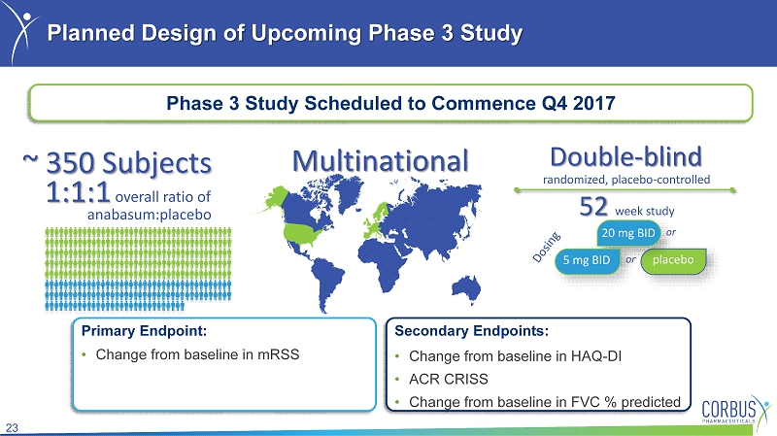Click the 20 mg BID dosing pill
(x=628, y=233)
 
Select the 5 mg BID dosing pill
(x=587, y=260)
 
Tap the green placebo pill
(x=673, y=260)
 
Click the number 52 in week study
(x=593, y=207)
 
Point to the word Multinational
(x=380, y=161)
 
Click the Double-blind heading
(x=625, y=156)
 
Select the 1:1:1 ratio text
(x=78, y=192)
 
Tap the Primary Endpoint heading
(x=144, y=330)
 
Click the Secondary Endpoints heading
(x=471, y=330)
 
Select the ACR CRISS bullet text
(x=449, y=379)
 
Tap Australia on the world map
(x=468, y=288)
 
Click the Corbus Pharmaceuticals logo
(x=735, y=410)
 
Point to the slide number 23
(x=12, y=428)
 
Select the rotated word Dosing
(x=546, y=247)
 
